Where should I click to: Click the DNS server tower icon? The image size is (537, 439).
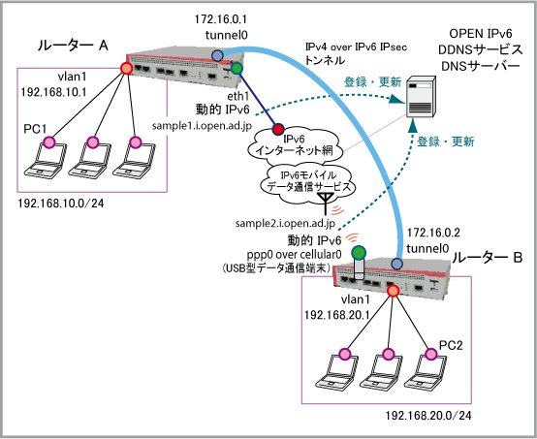(421, 97)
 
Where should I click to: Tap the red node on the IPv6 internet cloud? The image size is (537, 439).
(278, 129)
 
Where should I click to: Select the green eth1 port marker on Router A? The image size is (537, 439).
(237, 69)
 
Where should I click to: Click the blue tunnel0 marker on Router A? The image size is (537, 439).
(217, 55)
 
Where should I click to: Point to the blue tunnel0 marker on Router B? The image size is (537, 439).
(396, 264)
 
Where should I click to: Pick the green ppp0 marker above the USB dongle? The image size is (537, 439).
(359, 253)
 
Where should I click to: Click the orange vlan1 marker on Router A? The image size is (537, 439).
(126, 69)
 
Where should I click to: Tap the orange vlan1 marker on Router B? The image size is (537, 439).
(393, 291)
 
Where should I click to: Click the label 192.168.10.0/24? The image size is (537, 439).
(61, 204)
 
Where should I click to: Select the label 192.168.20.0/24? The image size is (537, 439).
(428, 416)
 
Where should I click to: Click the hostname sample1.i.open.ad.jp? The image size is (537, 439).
(202, 126)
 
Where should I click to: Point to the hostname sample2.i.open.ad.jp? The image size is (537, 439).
(285, 224)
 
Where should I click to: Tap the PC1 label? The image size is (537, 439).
(35, 129)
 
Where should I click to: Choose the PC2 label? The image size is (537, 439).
(451, 345)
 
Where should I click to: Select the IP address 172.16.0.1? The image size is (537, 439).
(221, 19)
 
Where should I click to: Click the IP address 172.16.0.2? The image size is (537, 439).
(433, 233)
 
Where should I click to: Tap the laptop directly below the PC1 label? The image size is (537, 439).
(46, 161)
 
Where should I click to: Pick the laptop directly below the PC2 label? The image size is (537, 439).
(426, 372)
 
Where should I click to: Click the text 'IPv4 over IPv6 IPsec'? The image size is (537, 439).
(356, 47)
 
